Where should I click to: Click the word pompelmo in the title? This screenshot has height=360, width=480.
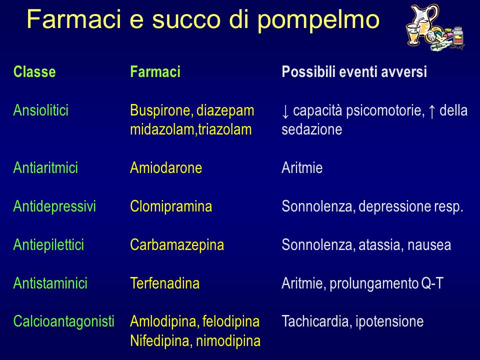(x=318, y=20)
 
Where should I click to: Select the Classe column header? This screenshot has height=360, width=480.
(x=34, y=72)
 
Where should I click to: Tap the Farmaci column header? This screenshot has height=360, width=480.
(x=155, y=72)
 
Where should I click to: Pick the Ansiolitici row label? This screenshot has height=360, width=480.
(x=40, y=110)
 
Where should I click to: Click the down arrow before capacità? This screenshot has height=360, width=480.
(x=285, y=111)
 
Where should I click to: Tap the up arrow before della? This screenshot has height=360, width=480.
(x=431, y=111)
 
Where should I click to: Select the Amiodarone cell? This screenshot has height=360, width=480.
(x=166, y=168)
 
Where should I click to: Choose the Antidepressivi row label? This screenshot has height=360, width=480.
(x=54, y=206)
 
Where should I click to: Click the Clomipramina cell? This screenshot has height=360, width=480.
(x=171, y=206)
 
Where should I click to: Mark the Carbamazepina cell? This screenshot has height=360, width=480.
(x=177, y=245)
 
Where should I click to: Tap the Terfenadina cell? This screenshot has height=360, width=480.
(x=164, y=283)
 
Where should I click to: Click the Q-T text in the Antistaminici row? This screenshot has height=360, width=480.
(x=432, y=283)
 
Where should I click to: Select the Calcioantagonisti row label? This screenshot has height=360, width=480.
(x=63, y=321)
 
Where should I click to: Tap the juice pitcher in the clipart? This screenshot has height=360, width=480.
(x=424, y=19)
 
